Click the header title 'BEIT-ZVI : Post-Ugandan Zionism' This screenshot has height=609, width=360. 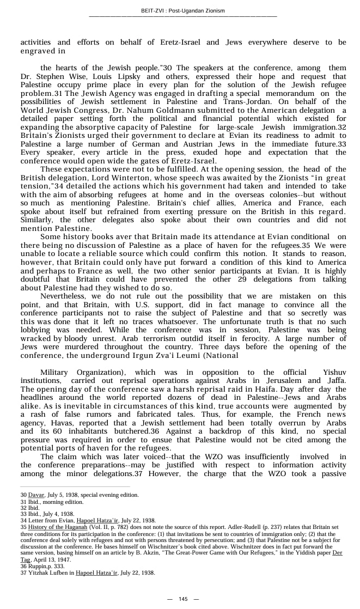(x=182, y=10)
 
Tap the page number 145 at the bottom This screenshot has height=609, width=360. (x=183, y=599)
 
